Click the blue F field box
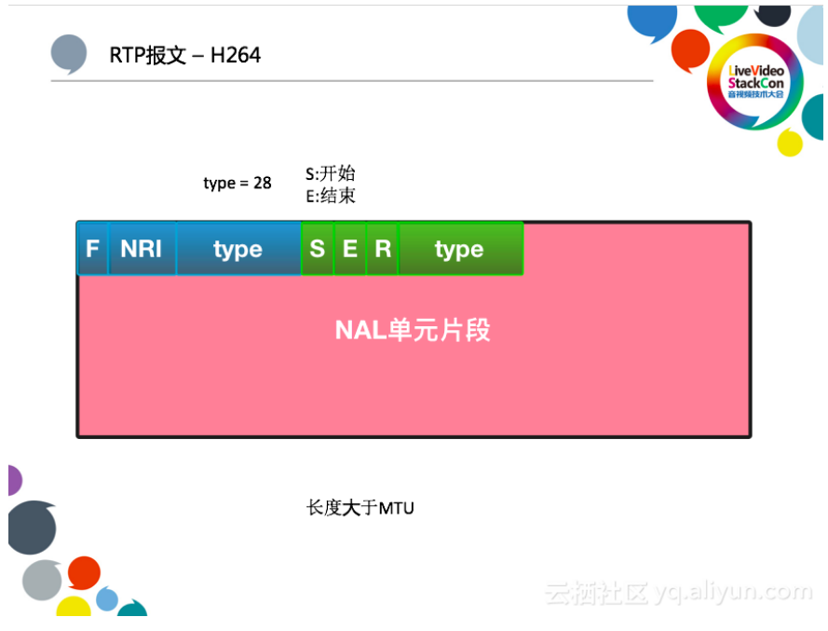coord(92,249)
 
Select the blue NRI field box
coord(142,249)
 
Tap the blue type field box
coord(238,249)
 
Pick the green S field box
coord(318,249)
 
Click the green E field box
coord(350,249)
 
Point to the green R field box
coord(382,249)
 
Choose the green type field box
coord(459,249)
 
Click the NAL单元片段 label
coord(413,330)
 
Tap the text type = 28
coord(238,183)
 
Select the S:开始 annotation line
coord(331,173)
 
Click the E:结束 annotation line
coord(331,196)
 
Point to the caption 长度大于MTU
coord(360,508)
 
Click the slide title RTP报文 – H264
coord(185,55)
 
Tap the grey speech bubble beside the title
coord(69,54)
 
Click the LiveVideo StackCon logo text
coord(756,82)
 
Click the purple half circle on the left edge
coord(13,480)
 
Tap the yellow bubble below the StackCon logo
coord(789,143)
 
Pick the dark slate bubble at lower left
coord(31,527)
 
